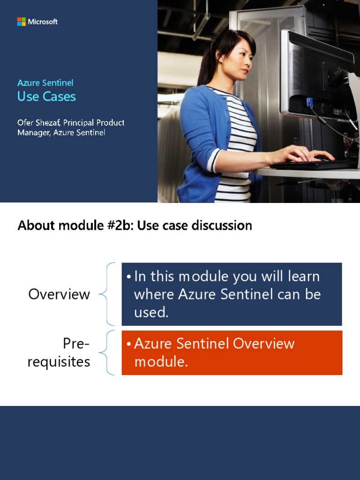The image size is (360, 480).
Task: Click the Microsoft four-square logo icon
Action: [21, 22]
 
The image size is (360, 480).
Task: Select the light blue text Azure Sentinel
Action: [45, 83]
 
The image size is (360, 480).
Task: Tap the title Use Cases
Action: [46, 97]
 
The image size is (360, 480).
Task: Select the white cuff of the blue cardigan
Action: [214, 160]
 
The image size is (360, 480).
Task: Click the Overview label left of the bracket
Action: [59, 294]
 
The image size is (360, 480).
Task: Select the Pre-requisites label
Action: [59, 353]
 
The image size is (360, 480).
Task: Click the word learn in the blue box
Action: [303, 277]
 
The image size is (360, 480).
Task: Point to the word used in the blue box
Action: [150, 313]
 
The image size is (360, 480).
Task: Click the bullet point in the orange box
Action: [128, 344]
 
